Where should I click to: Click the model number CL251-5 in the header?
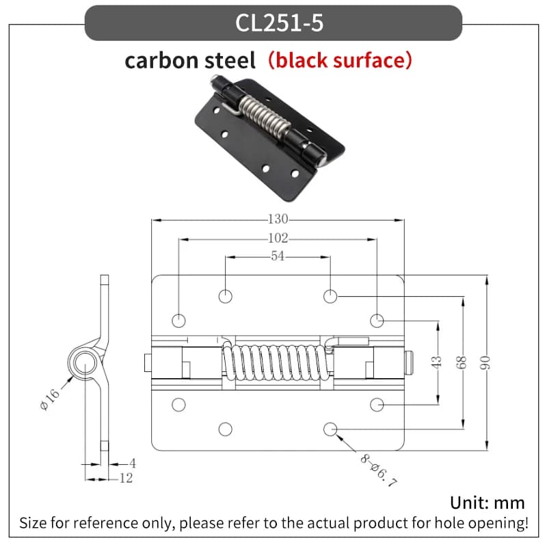279,23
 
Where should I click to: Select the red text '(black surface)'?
340,60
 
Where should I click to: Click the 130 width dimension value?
278,219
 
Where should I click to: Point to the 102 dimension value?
278,238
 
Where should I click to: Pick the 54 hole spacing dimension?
278,256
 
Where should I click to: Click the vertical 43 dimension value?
436,362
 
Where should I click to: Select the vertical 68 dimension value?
461,362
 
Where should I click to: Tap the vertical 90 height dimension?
485,362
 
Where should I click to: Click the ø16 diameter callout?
49,399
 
